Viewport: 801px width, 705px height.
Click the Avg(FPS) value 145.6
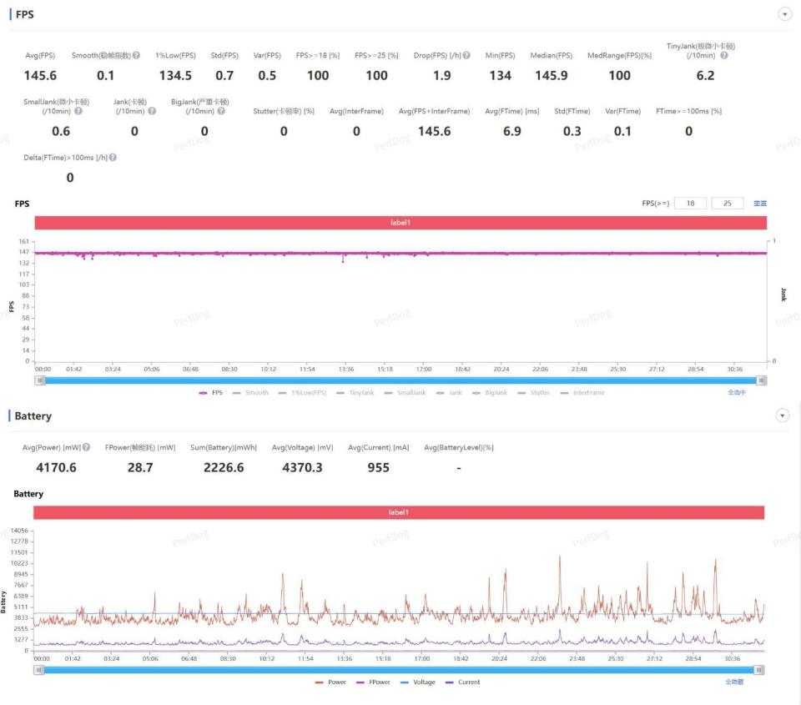pyautogui.click(x=41, y=76)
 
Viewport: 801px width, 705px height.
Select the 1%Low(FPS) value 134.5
pyautogui.click(x=175, y=76)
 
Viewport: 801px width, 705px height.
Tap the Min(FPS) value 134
pyautogui.click(x=500, y=76)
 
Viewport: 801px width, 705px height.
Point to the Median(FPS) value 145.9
pyautogui.click(x=551, y=76)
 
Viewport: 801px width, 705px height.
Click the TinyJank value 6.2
pyautogui.click(x=705, y=76)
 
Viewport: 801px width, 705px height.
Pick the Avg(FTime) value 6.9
pyautogui.click(x=512, y=132)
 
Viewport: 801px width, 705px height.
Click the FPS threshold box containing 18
pyautogui.click(x=690, y=204)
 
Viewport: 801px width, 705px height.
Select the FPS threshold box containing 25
pyautogui.click(x=728, y=204)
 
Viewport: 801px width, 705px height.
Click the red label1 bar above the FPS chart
pyautogui.click(x=400, y=223)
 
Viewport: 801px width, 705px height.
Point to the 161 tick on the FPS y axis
pyautogui.click(x=23, y=242)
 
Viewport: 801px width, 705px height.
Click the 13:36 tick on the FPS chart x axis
pyautogui.click(x=345, y=368)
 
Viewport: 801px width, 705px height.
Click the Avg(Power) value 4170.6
pyautogui.click(x=56, y=468)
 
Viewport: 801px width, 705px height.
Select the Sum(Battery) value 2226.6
pyautogui.click(x=224, y=468)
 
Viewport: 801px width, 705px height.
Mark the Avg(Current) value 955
pyautogui.click(x=378, y=468)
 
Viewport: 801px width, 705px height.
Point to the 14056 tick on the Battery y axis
pyautogui.click(x=18, y=531)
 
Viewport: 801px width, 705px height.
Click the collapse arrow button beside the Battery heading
pyautogui.click(x=783, y=415)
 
